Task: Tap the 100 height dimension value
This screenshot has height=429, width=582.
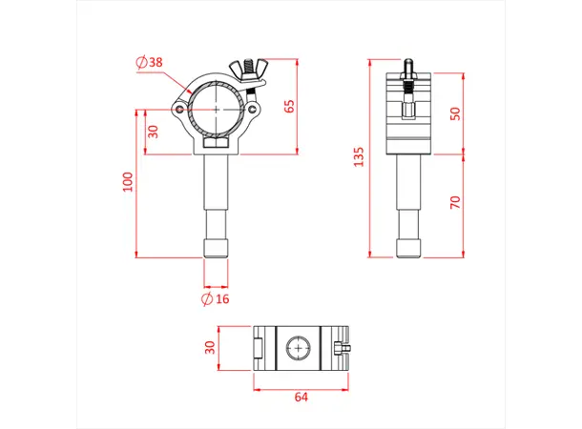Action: pyautogui.click(x=127, y=182)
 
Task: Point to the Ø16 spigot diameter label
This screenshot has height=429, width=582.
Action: pyautogui.click(x=216, y=299)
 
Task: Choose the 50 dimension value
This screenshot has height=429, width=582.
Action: pyautogui.click(x=455, y=112)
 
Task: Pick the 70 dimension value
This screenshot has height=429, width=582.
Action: pyautogui.click(x=455, y=202)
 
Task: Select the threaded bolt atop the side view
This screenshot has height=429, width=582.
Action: pyautogui.click(x=408, y=68)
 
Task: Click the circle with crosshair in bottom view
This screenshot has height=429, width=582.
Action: pyautogui.click(x=301, y=349)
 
